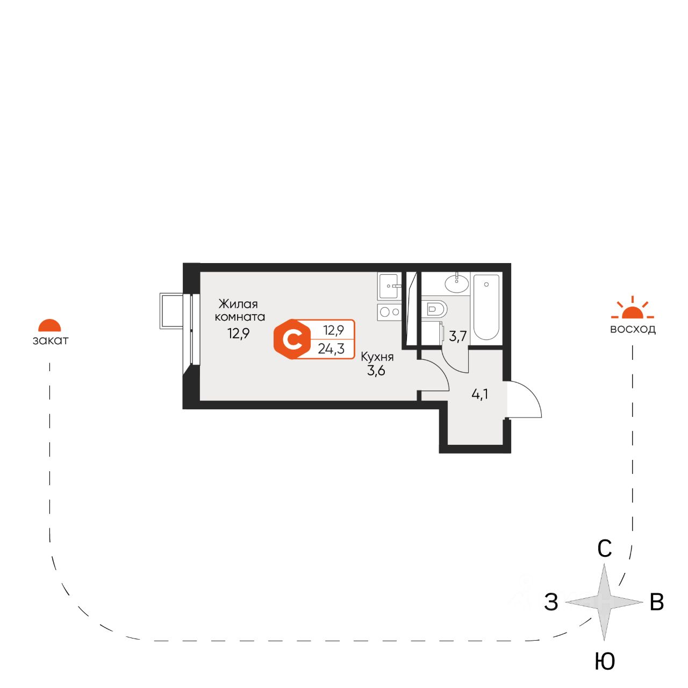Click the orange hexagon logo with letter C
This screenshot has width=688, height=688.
(292, 339)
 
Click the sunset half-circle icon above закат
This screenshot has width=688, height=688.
(49, 325)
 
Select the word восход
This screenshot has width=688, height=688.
(633, 329)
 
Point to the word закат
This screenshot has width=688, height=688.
(51, 341)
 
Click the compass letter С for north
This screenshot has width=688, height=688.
(605, 549)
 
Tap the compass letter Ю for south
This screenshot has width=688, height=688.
(605, 662)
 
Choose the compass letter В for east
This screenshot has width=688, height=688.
(657, 602)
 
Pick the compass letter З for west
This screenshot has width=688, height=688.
(551, 602)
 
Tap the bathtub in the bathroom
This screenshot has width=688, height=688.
(486, 307)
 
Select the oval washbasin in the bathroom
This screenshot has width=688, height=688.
(456, 283)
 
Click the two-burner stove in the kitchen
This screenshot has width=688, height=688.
(389, 311)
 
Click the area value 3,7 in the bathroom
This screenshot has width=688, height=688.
(458, 337)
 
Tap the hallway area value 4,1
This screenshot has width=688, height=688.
(480, 394)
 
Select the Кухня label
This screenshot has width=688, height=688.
(377, 357)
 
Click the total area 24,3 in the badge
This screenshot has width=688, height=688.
(331, 349)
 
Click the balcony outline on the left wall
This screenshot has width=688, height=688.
(173, 310)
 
